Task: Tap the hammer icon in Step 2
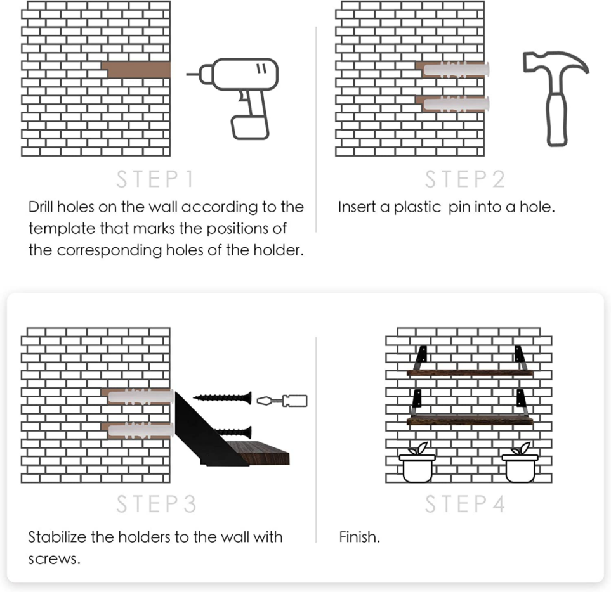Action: tap(556, 98)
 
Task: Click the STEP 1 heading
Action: tap(155, 179)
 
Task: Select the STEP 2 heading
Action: tap(465, 179)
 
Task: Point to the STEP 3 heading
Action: tap(156, 504)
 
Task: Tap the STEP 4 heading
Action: tap(465, 504)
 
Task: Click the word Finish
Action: tap(359, 537)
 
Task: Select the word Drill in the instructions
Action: tap(40, 207)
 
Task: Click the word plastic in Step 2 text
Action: tap(417, 207)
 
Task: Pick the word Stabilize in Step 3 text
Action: tap(57, 537)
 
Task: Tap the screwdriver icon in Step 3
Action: tap(282, 401)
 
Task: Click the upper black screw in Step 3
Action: tap(223, 398)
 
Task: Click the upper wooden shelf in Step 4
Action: tap(470, 373)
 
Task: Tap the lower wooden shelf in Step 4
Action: tap(470, 420)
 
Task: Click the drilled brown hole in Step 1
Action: tap(136, 70)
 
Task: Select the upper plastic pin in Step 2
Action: tap(456, 69)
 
